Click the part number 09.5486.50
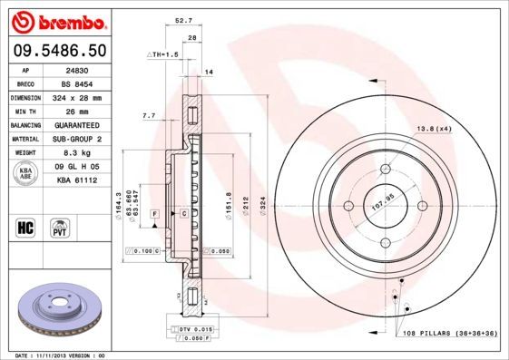pos(60,48)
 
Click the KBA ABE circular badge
pos(25,173)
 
